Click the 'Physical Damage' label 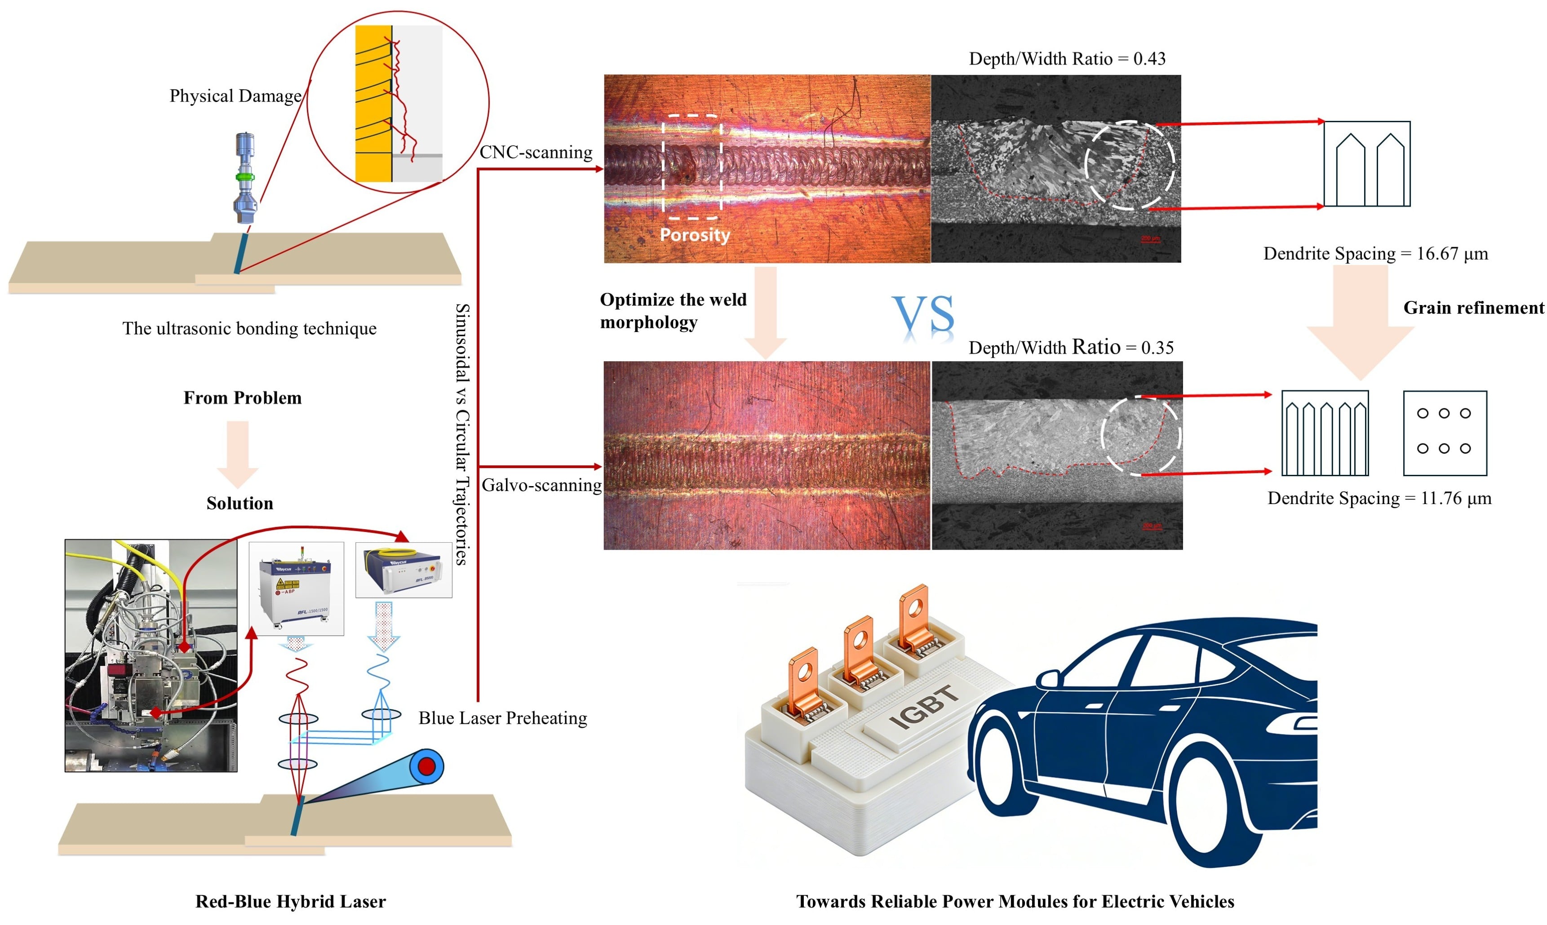click(235, 96)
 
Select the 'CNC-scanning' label click(536, 152)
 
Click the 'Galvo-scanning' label click(541, 485)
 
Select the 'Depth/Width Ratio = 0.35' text click(1070, 347)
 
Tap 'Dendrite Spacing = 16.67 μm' click(1375, 254)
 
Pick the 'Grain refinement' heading click(1473, 307)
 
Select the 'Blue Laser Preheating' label click(502, 718)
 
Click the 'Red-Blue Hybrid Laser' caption click(290, 901)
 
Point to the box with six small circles click(1444, 433)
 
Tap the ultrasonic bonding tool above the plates click(245, 177)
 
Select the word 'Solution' click(240, 503)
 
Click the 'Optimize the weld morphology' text click(673, 311)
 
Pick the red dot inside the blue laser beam click(427, 766)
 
